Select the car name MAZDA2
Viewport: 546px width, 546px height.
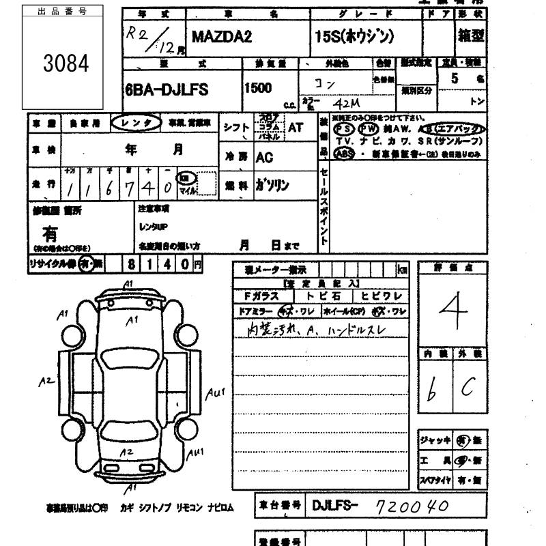click(222, 37)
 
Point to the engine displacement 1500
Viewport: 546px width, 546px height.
click(257, 88)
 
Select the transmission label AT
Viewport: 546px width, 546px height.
click(296, 127)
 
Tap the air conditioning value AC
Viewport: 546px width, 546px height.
click(265, 157)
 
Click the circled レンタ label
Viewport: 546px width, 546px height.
click(136, 123)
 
